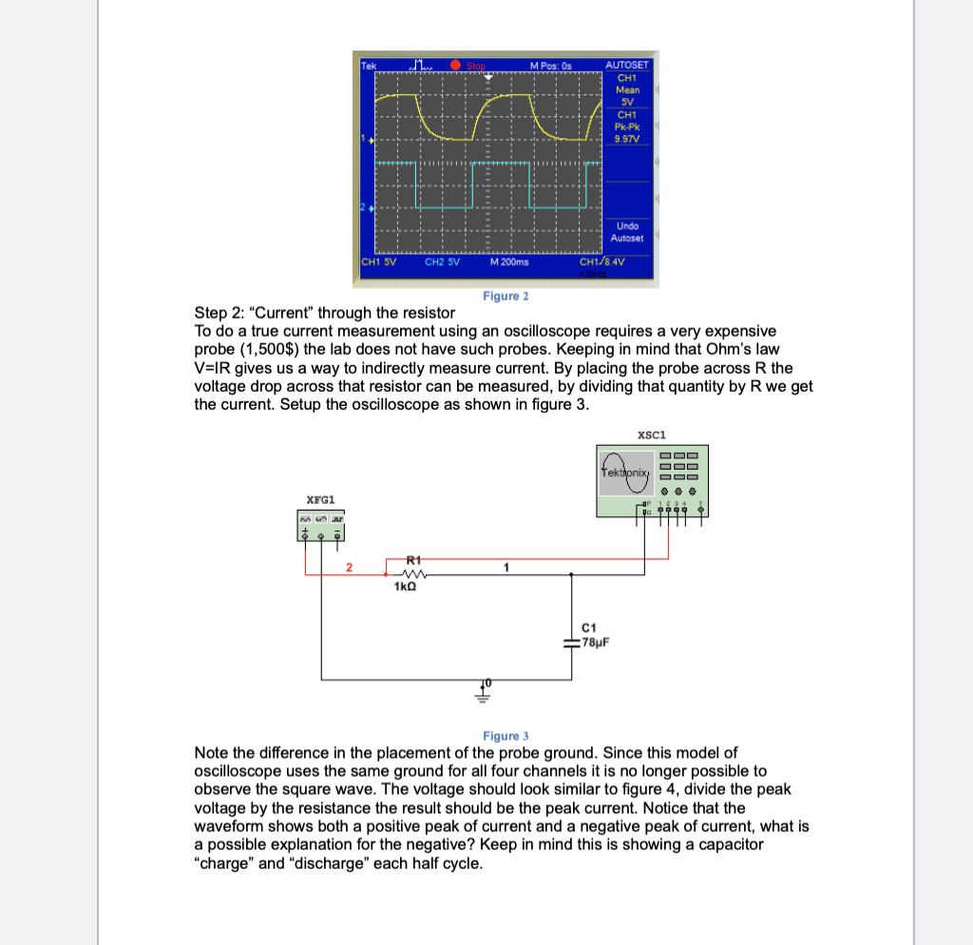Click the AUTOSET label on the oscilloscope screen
(627, 66)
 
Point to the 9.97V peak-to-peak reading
(627, 138)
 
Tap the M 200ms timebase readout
(510, 261)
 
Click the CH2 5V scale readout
(442, 261)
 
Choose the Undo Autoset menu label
(627, 232)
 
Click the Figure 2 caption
(506, 296)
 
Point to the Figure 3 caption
(506, 736)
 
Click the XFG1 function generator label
(320, 499)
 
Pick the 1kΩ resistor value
(406, 588)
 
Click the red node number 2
(349, 568)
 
